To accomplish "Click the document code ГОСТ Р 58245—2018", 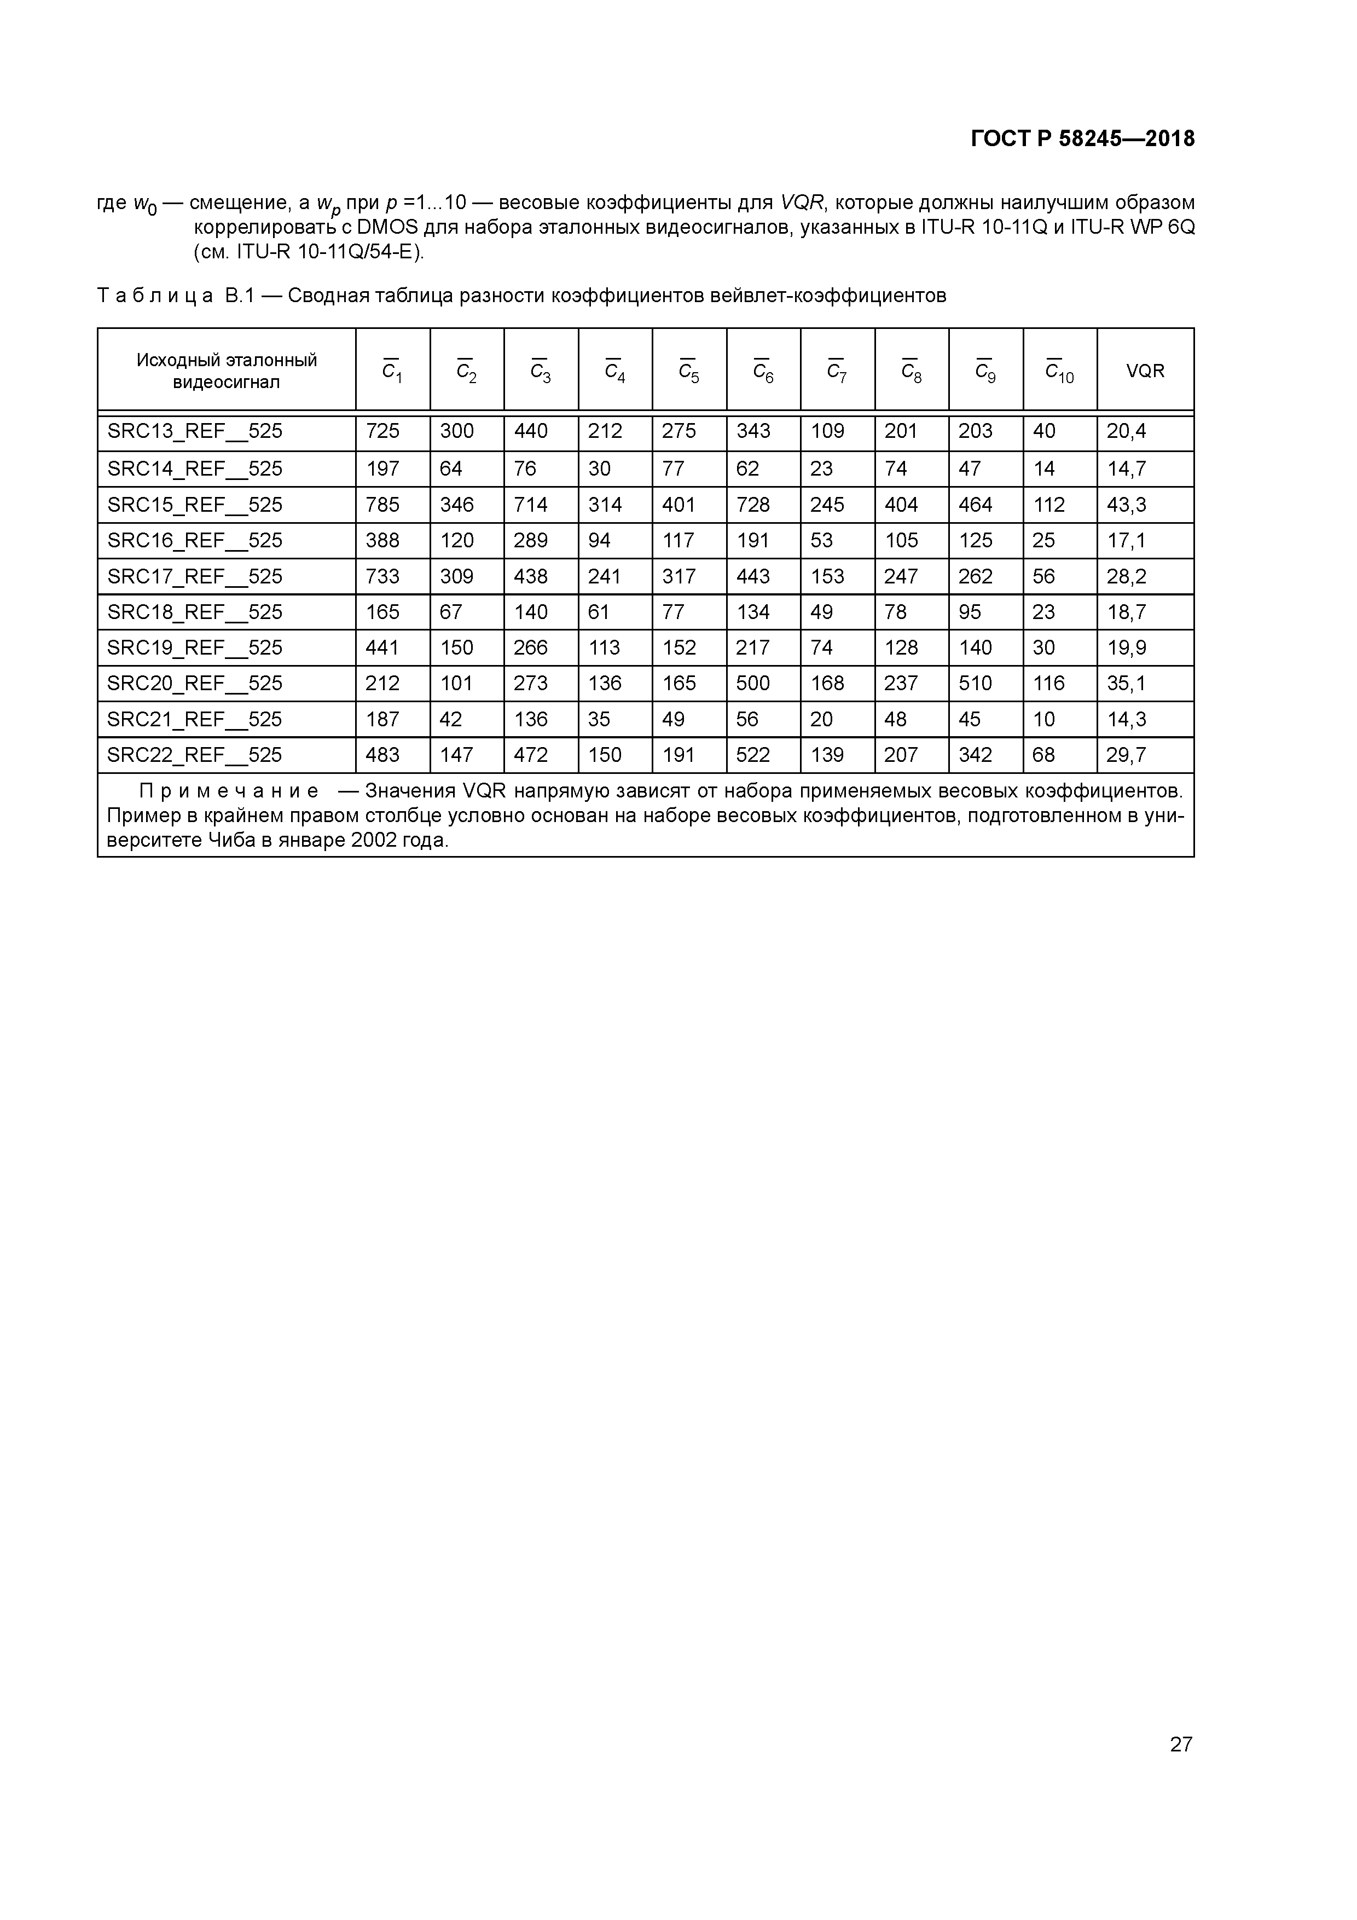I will pos(1083,139).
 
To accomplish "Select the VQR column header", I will pos(1145,371).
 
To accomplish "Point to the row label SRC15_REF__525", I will pos(195,505).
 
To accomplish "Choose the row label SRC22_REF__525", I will pos(195,755).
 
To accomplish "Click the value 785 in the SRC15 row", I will pos(383,505).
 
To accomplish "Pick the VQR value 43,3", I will pos(1126,505).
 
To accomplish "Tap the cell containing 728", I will pos(752,505).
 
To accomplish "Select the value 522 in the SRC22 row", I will pos(752,755).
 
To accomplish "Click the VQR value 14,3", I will pos(1126,719).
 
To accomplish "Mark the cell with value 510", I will pos(975,683).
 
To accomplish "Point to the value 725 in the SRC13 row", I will pos(383,431).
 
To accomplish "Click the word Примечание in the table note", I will pos(228,791).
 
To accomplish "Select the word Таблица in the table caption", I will pos(155,296).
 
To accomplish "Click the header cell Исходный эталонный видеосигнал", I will pos(227,371).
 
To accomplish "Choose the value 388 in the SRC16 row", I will pos(383,540).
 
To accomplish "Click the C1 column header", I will pos(392,371).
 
